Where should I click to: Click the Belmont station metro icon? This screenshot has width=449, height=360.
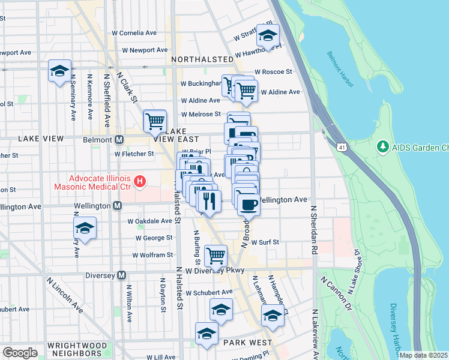click(x=119, y=139)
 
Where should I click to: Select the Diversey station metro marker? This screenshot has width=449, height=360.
click(x=122, y=275)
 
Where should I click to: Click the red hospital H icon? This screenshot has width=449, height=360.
click(x=140, y=180)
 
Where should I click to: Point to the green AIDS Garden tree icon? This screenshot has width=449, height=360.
click(x=382, y=146)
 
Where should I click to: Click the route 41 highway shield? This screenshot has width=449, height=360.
click(x=341, y=146)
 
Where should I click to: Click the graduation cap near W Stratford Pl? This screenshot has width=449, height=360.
click(x=268, y=35)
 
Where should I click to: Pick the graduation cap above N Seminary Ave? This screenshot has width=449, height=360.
click(x=59, y=71)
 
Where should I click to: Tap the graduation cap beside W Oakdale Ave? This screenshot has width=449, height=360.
click(x=85, y=228)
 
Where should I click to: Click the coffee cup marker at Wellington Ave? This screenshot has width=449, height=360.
click(x=248, y=205)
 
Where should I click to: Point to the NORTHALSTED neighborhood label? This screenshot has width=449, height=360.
click(x=202, y=60)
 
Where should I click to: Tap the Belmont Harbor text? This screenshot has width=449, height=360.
click(x=342, y=64)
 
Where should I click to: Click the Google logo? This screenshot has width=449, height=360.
click(x=20, y=352)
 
